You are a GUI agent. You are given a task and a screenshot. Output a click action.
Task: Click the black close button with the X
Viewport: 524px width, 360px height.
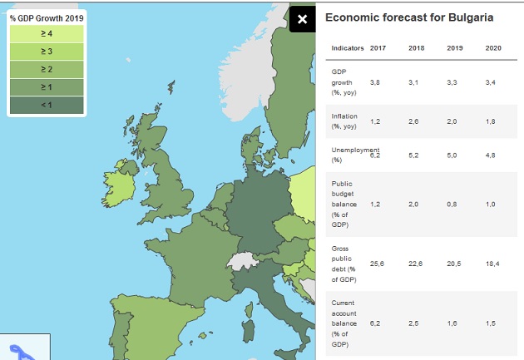(x=303, y=19)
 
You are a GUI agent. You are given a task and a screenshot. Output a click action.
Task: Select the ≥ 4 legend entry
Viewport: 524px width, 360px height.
(x=47, y=34)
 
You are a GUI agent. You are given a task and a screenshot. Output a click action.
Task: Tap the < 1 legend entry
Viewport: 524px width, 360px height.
(x=47, y=106)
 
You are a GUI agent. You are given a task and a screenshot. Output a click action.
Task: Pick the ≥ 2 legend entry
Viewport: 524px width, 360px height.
(x=47, y=70)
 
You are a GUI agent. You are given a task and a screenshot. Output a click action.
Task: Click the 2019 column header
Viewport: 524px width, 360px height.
(x=455, y=48)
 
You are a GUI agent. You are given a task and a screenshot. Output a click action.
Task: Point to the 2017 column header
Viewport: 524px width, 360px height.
(x=378, y=48)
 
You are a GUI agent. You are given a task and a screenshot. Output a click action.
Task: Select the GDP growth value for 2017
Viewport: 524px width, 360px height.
(x=375, y=82)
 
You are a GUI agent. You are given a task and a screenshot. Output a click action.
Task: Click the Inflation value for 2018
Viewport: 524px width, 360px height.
(x=413, y=121)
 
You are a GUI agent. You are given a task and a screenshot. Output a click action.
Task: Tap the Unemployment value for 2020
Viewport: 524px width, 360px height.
(x=490, y=155)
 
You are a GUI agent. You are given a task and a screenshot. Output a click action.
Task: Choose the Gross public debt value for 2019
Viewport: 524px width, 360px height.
(x=454, y=264)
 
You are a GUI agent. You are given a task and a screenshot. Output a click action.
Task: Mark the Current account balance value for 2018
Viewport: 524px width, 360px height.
(x=413, y=323)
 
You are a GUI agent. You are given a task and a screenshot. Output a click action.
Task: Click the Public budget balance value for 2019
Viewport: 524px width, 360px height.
(x=452, y=205)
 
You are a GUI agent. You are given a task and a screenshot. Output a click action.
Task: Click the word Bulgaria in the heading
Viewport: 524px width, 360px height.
(x=471, y=17)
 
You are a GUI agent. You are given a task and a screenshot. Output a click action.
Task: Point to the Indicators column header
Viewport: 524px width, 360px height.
(x=348, y=48)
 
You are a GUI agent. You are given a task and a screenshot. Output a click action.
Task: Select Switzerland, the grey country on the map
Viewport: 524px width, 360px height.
(x=242, y=260)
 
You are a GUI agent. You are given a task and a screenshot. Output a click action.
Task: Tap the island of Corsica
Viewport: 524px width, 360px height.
(x=249, y=310)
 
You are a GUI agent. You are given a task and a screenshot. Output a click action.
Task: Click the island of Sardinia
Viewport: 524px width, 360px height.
(x=248, y=331)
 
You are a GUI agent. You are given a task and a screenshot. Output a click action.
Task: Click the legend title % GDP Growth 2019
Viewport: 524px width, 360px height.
(x=47, y=18)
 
